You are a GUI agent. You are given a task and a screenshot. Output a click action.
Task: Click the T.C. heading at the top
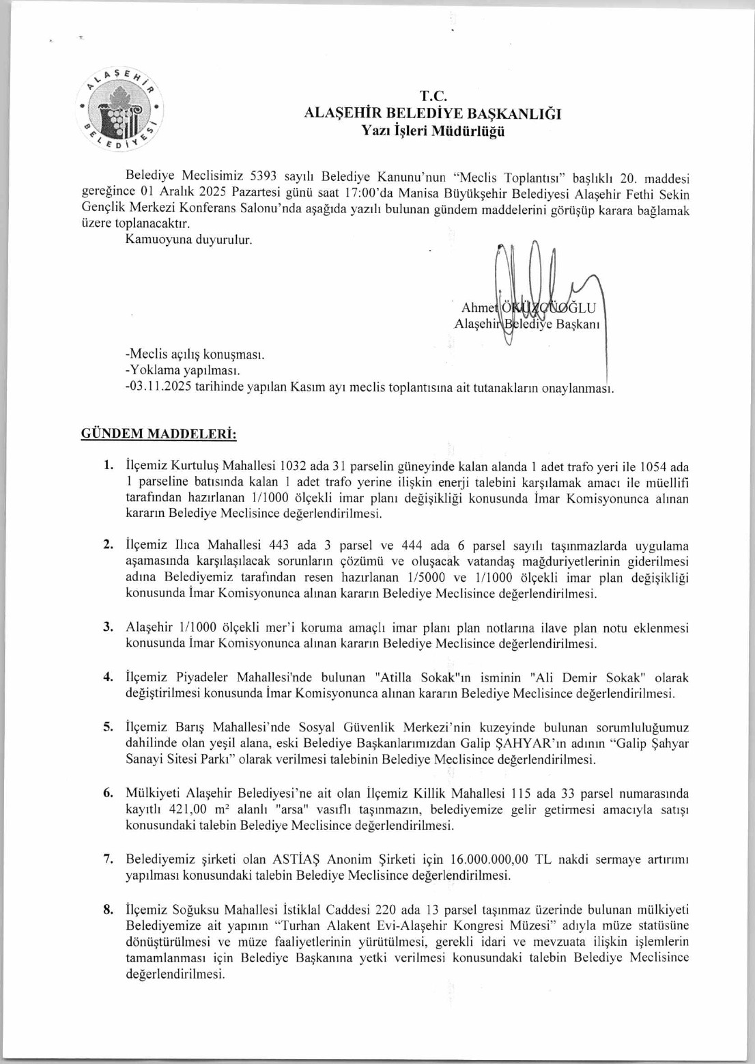pyautogui.click(x=433, y=96)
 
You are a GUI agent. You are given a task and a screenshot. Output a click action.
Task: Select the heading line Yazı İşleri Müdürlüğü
pyautogui.click(x=433, y=131)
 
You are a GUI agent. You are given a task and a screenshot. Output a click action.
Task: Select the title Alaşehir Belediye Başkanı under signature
pyautogui.click(x=526, y=324)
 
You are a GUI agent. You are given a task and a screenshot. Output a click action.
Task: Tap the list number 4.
pyautogui.click(x=108, y=677)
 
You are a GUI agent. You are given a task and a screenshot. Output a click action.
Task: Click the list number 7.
pyautogui.click(x=108, y=858)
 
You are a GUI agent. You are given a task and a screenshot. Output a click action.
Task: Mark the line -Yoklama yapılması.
pyautogui.click(x=182, y=371)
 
